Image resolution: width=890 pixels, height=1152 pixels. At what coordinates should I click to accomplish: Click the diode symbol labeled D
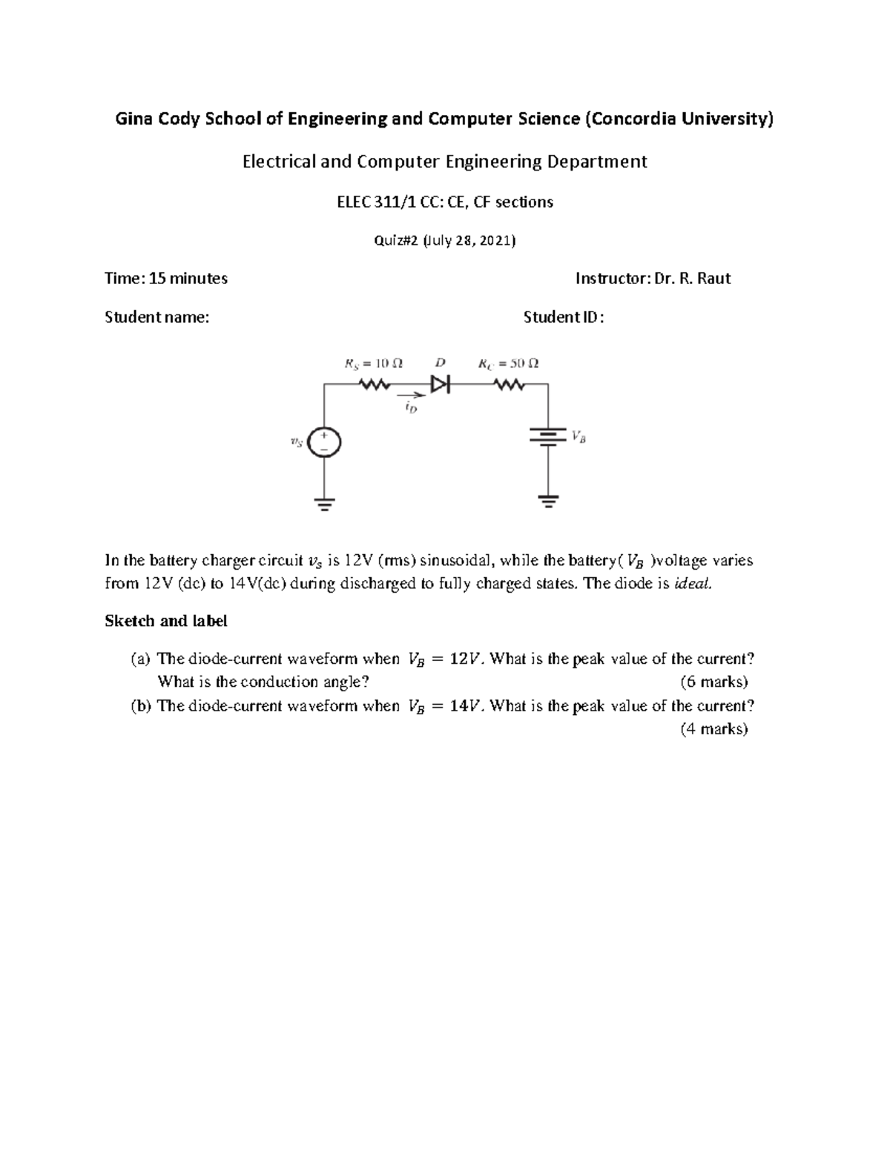pyautogui.click(x=441, y=384)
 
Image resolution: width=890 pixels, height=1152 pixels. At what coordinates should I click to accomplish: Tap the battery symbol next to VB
pyautogui.click(x=547, y=436)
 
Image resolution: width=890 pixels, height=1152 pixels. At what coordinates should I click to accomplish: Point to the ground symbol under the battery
pyautogui.click(x=548, y=501)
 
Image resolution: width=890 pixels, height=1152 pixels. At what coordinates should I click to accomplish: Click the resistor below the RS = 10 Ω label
pyautogui.click(x=374, y=384)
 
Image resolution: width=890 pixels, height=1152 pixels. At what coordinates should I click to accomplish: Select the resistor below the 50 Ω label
pyautogui.click(x=509, y=384)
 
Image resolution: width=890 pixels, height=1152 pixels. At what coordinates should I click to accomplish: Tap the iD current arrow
pyautogui.click(x=406, y=395)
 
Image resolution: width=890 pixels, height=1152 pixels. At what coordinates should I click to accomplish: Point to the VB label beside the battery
pyautogui.click(x=578, y=438)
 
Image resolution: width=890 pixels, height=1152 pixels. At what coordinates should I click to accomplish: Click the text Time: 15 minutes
pyautogui.click(x=166, y=279)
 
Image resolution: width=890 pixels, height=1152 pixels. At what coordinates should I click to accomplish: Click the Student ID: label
pyautogui.click(x=564, y=317)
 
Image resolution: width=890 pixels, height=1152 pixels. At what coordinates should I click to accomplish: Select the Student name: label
pyautogui.click(x=157, y=317)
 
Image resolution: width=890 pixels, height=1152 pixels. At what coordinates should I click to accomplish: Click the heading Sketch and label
pyautogui.click(x=166, y=621)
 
